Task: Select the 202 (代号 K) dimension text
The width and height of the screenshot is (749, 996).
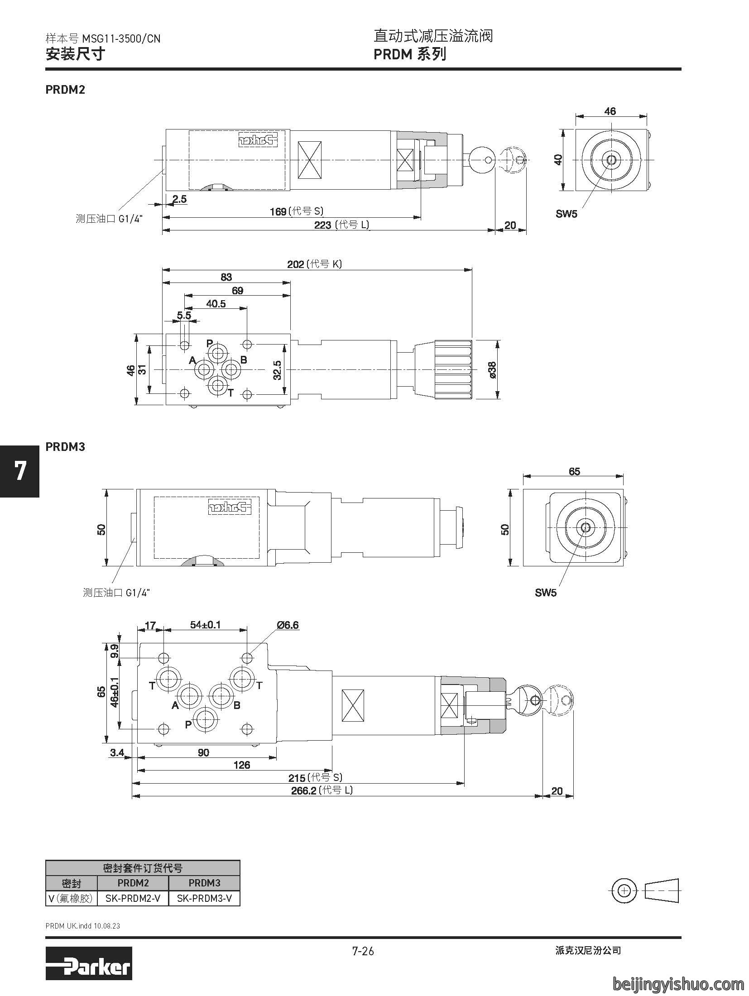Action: coord(314,264)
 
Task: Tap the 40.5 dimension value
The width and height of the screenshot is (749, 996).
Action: coord(216,303)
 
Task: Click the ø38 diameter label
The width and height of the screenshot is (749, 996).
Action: coord(493,370)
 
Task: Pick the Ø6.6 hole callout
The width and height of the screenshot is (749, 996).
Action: coord(288,625)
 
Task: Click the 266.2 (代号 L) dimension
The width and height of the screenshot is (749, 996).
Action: coord(321,790)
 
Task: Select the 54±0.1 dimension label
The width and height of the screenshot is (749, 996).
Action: coord(205,625)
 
